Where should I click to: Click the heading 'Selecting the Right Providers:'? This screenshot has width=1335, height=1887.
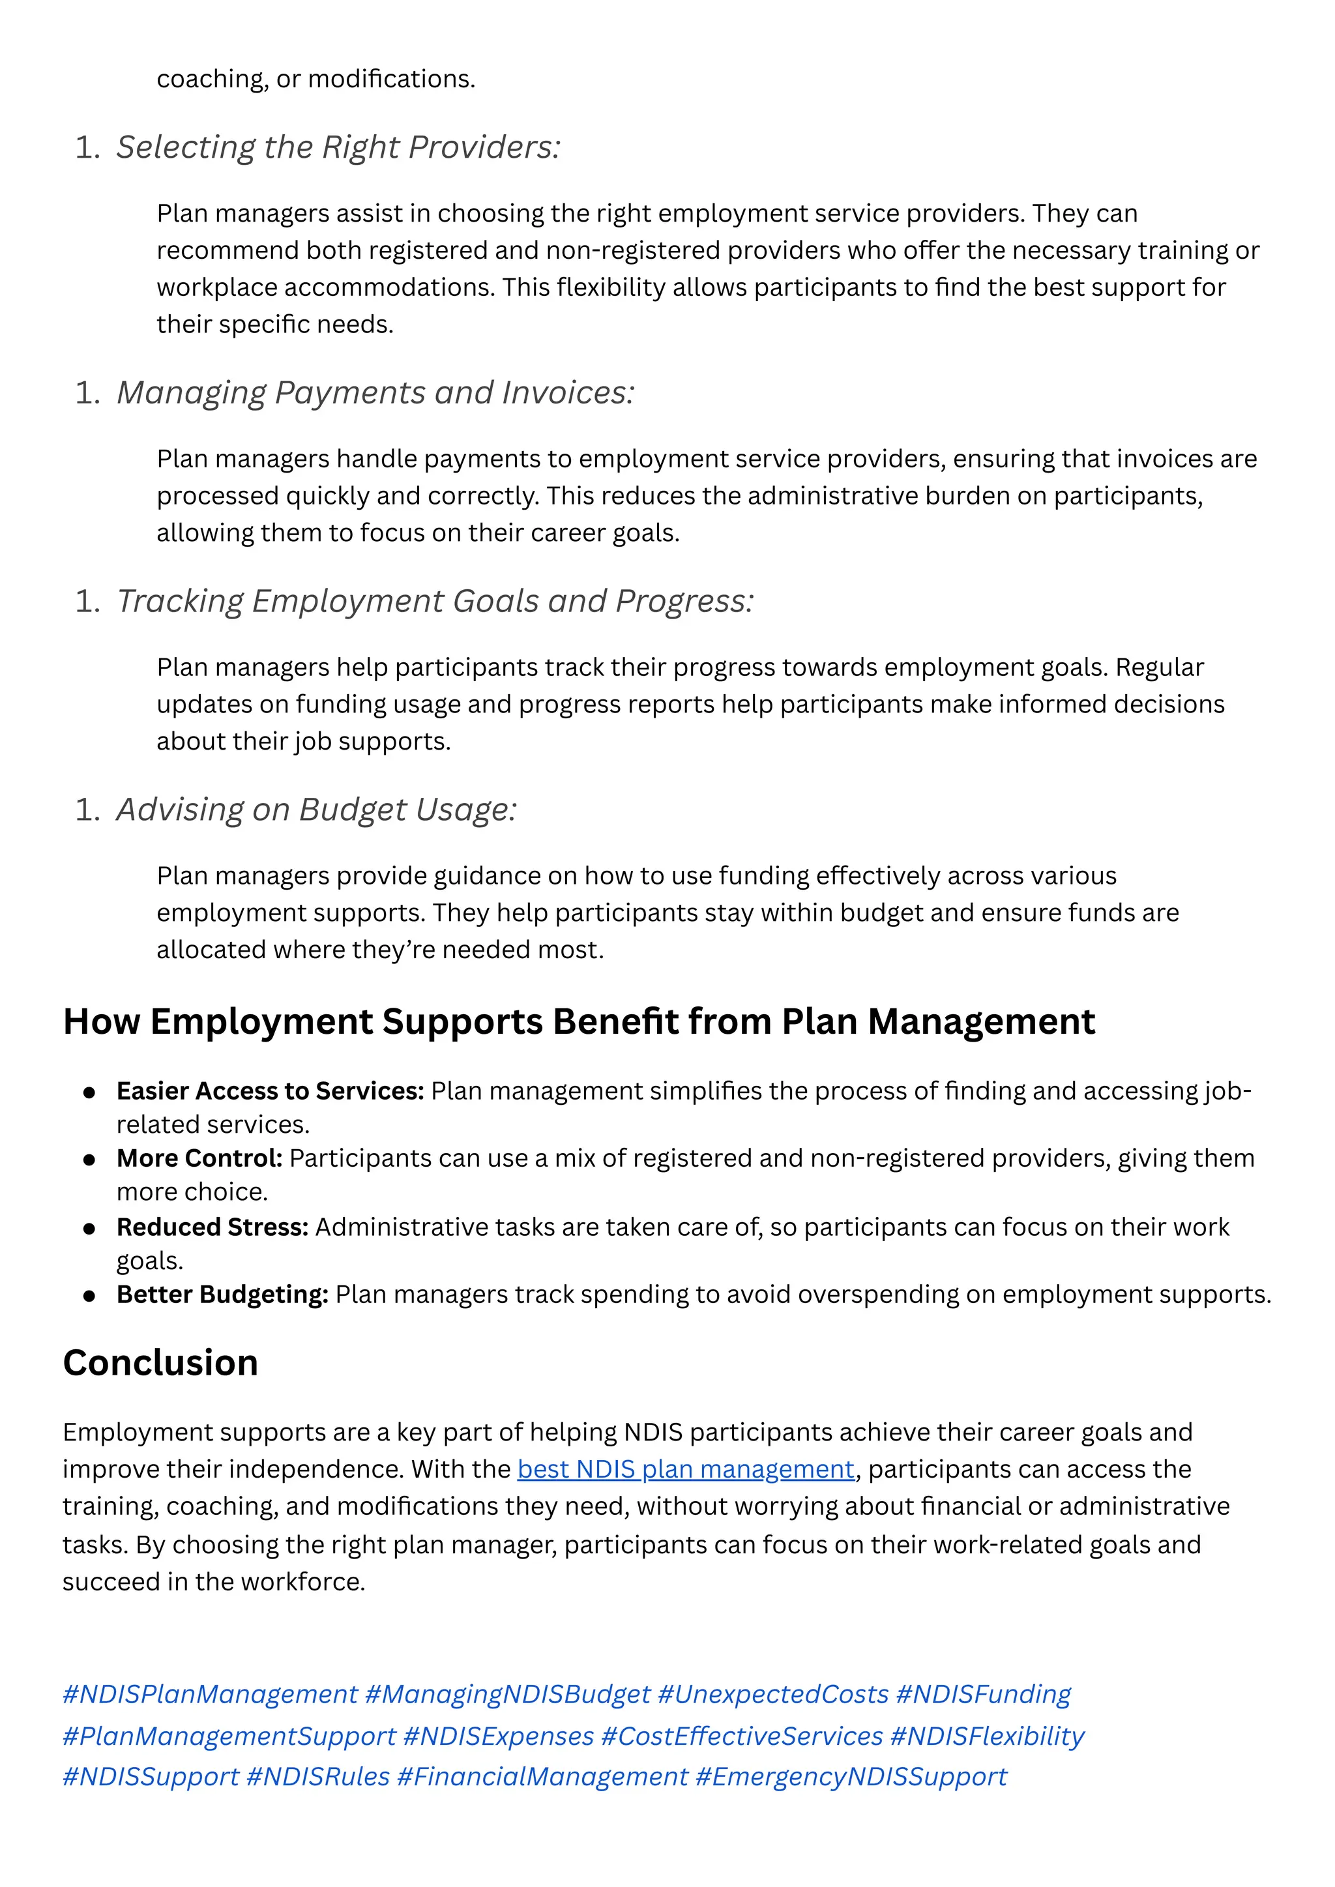click(x=338, y=147)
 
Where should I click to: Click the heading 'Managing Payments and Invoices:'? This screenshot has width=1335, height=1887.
click(x=375, y=393)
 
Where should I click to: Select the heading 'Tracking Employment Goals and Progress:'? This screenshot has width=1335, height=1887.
click(x=434, y=602)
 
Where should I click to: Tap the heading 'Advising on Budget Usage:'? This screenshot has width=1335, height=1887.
click(x=317, y=810)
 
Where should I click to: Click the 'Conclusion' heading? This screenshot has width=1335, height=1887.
click(x=160, y=1363)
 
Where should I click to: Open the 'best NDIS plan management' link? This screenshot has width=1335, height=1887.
click(x=686, y=1469)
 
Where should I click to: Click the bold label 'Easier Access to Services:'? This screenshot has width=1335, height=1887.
click(x=270, y=1090)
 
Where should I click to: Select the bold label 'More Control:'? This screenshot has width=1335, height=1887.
click(x=199, y=1158)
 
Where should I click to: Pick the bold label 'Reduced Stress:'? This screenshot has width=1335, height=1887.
click(x=212, y=1227)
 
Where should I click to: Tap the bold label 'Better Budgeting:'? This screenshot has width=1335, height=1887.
click(x=222, y=1295)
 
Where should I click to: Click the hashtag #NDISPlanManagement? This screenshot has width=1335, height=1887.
click(x=211, y=1694)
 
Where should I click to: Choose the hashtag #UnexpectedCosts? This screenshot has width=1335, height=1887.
click(x=772, y=1694)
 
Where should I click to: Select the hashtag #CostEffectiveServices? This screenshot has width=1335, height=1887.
click(x=741, y=1736)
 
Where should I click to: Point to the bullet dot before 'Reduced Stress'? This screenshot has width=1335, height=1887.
click(x=89, y=1229)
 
